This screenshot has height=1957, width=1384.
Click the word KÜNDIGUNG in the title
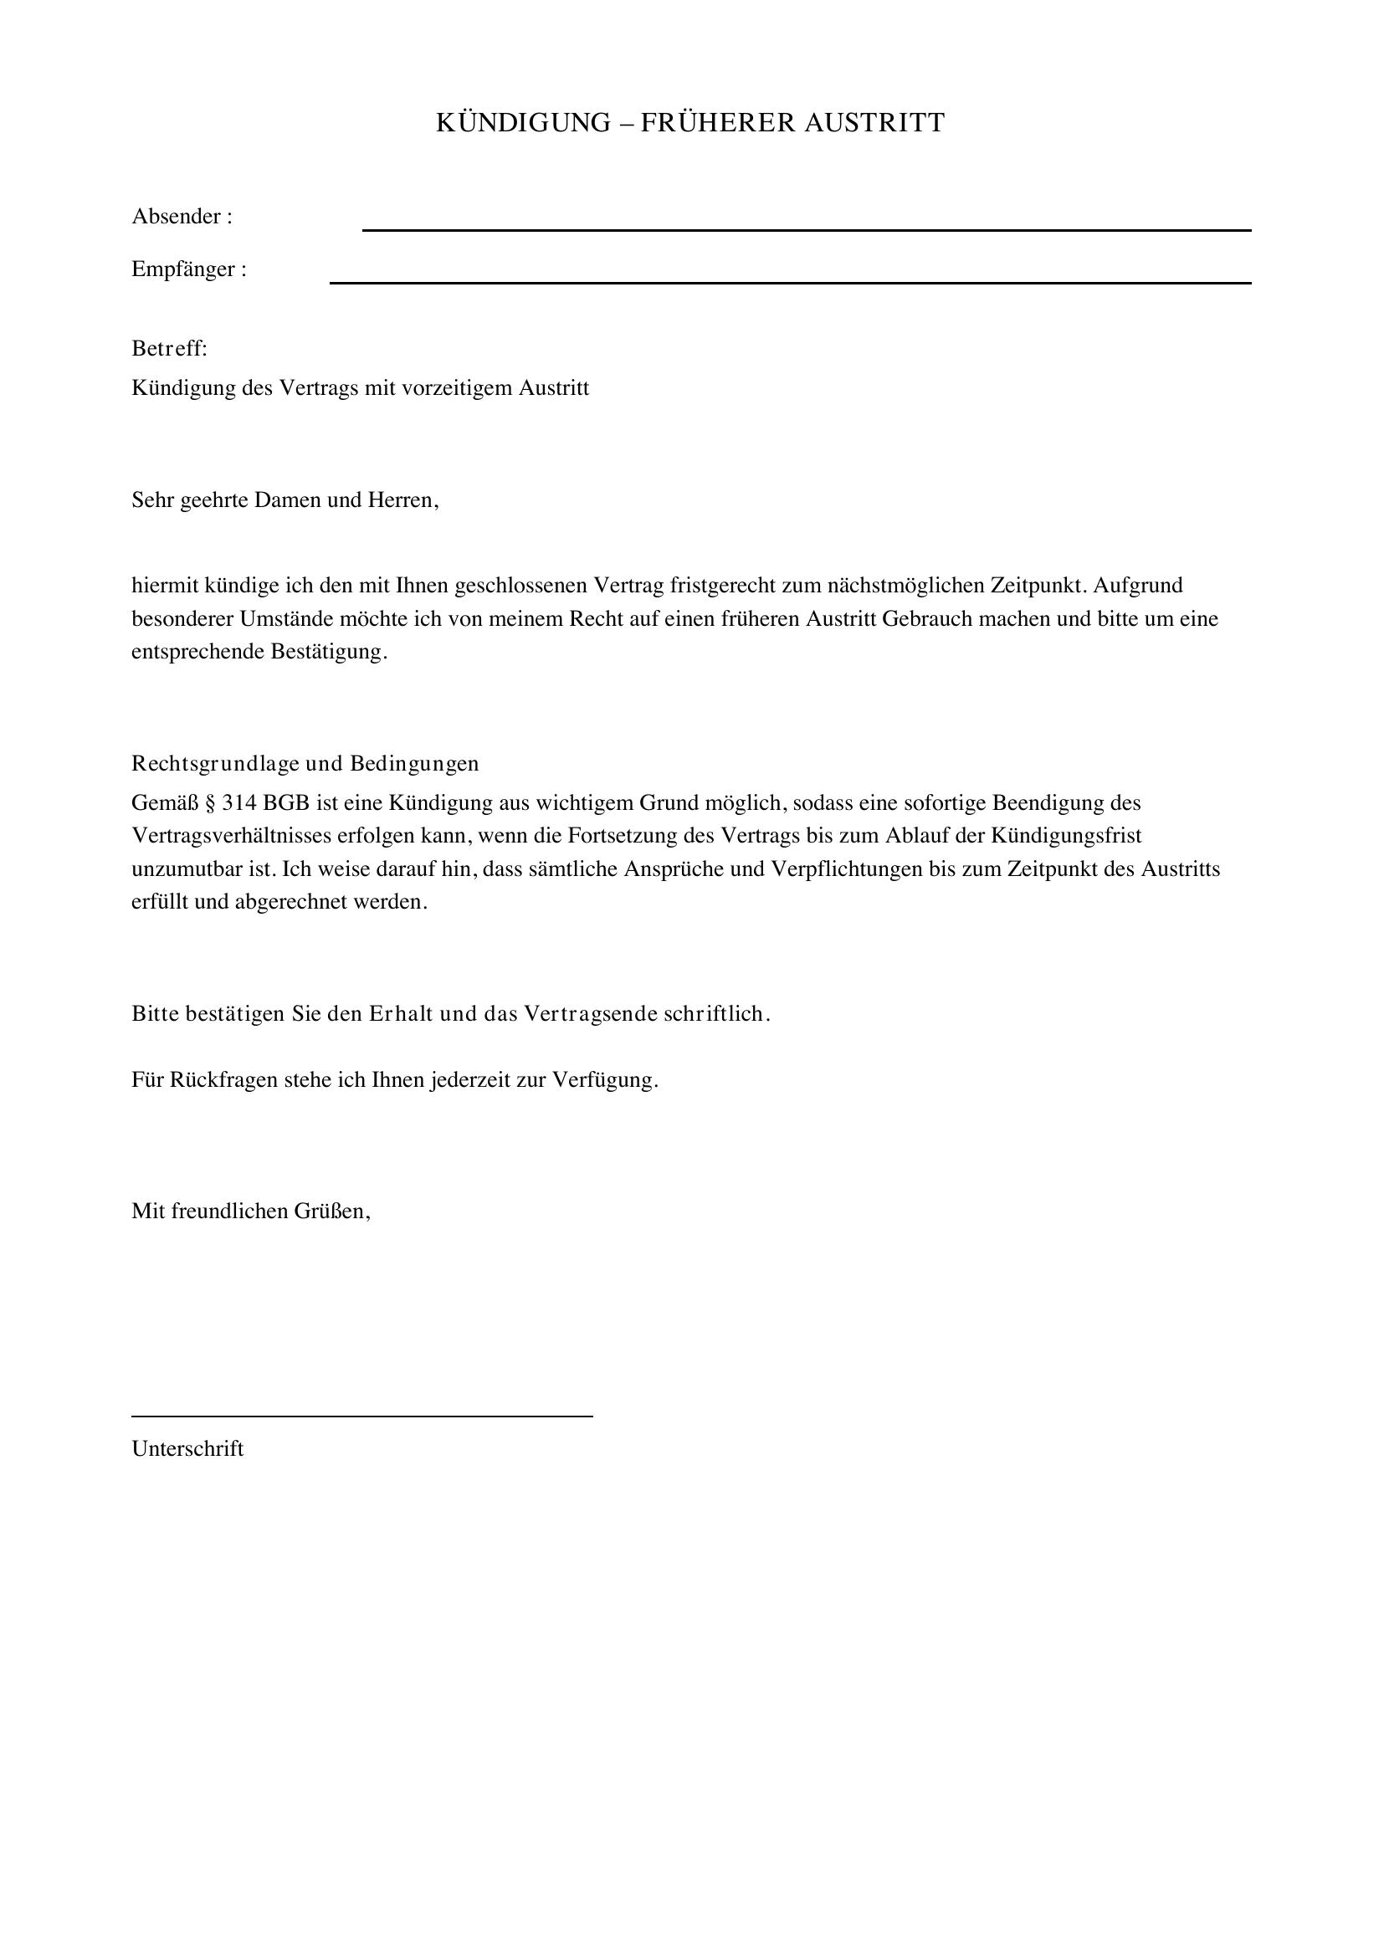point(523,123)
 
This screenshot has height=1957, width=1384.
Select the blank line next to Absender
point(806,229)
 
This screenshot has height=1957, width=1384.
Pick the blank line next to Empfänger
point(790,282)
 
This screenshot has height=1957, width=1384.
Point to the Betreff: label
point(170,349)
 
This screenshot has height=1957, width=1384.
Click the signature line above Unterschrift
point(362,1416)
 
